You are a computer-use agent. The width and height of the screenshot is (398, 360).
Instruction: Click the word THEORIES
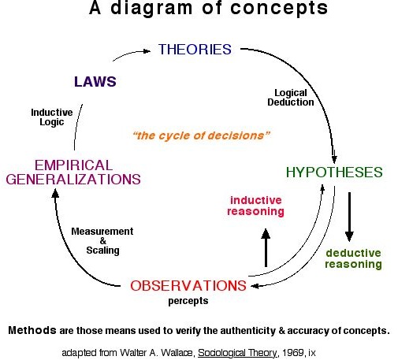coord(195,50)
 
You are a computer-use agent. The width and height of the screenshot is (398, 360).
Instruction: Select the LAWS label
coord(95,82)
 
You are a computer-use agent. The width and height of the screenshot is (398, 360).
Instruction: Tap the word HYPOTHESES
coord(334,173)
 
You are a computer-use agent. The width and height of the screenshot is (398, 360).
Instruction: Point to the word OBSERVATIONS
coord(188,286)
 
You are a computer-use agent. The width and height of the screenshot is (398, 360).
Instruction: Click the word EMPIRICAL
coord(74,165)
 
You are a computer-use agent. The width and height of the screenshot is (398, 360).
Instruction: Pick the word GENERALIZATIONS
coord(73,180)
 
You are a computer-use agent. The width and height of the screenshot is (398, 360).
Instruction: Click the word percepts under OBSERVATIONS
coord(188,301)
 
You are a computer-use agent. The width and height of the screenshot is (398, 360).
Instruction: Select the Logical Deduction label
coord(291,98)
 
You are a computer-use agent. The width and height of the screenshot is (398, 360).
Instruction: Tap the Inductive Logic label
coord(52,117)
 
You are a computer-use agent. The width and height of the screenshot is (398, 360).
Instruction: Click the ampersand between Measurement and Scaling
coord(103,241)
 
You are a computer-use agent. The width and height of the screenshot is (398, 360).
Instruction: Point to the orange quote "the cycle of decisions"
coord(201,135)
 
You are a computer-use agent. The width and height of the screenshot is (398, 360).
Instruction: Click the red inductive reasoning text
coord(255,206)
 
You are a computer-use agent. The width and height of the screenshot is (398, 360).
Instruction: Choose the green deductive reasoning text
coord(353,258)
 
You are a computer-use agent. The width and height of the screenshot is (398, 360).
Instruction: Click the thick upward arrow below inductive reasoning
coord(266,247)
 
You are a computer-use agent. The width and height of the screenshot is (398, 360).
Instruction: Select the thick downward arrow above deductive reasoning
coord(349,217)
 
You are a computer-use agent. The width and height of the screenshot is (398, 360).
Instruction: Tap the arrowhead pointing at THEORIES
coord(147,51)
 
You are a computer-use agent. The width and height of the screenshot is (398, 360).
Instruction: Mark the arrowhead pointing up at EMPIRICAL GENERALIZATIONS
coord(55,193)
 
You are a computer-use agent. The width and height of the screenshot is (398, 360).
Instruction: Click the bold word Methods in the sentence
coord(32,330)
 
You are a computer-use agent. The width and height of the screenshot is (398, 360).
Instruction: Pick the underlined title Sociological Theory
coord(237,353)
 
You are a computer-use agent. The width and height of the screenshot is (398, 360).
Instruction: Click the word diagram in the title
coord(151,8)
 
